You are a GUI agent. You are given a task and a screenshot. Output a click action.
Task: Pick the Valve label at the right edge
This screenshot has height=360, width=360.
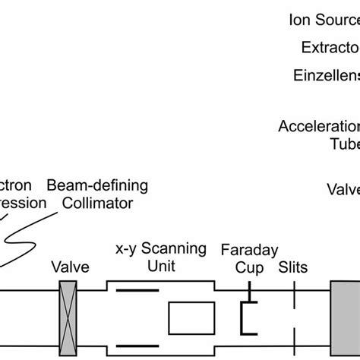[343, 188]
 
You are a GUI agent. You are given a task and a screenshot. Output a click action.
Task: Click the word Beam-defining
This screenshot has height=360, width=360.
[97, 185]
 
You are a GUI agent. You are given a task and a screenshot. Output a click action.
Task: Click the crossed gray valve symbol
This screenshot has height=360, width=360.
[71, 314]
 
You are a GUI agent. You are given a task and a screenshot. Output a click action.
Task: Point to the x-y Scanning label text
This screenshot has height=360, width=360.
[160, 248]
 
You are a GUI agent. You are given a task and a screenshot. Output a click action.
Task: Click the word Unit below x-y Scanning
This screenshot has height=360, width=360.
[161, 266]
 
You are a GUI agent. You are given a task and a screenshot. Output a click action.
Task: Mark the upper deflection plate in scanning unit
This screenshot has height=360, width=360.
[137, 290]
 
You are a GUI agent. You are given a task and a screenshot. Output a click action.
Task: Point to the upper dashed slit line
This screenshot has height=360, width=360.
[293, 295]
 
